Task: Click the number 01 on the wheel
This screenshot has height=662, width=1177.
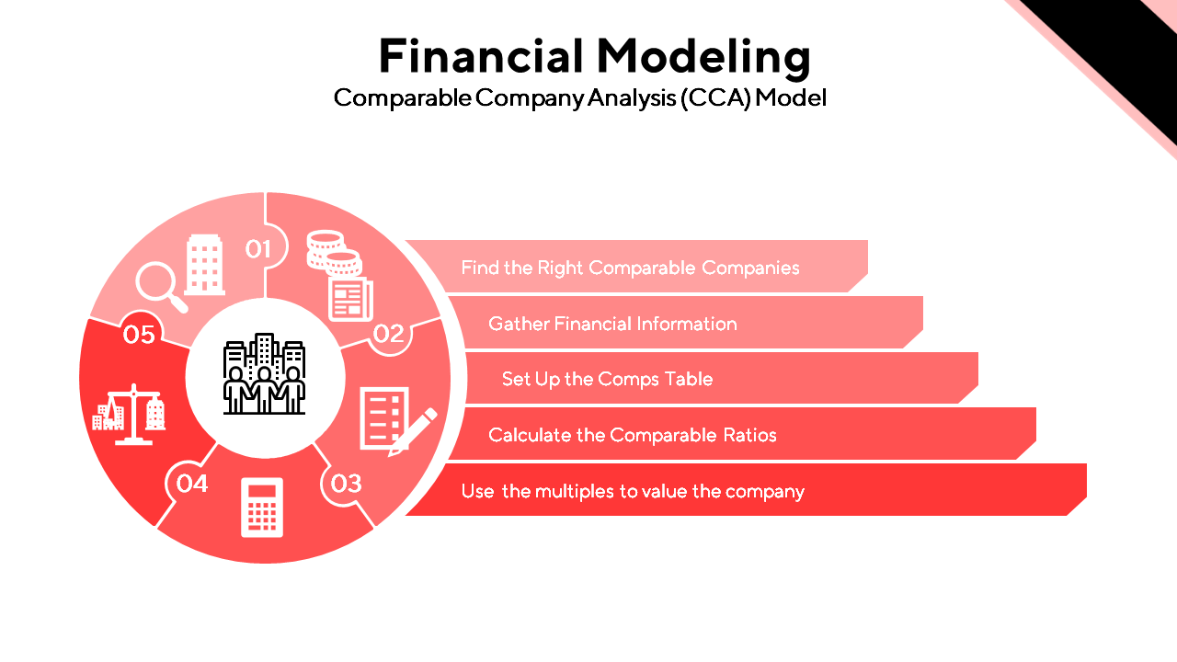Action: pyautogui.click(x=258, y=248)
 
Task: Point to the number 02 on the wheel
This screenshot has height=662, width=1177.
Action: pyautogui.click(x=389, y=333)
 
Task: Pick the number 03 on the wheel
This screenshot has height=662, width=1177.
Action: pyautogui.click(x=346, y=483)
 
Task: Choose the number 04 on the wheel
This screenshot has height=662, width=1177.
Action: pyautogui.click(x=191, y=482)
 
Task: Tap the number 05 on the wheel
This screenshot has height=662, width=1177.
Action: pyautogui.click(x=139, y=335)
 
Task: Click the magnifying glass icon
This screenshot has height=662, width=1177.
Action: pyautogui.click(x=160, y=286)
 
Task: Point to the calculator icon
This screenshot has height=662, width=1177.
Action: pyautogui.click(x=262, y=507)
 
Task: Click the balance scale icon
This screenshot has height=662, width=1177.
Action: pyautogui.click(x=130, y=415)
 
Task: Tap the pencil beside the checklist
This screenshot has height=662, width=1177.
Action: pyautogui.click(x=413, y=431)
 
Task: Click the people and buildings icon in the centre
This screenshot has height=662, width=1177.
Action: pyautogui.click(x=265, y=374)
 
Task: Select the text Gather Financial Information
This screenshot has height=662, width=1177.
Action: pyautogui.click(x=612, y=324)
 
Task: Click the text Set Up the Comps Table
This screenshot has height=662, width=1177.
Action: pyautogui.click(x=607, y=379)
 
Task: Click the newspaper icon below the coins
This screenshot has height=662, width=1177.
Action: pyautogui.click(x=350, y=298)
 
